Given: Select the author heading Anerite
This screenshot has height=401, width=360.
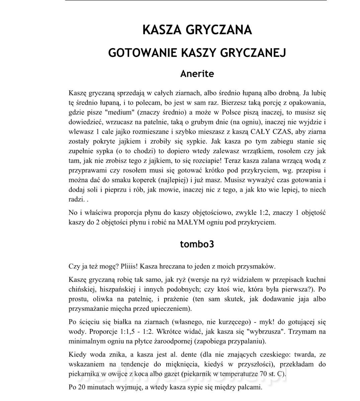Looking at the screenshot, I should [x=197, y=74].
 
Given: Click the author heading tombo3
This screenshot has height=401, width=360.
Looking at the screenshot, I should [x=197, y=244].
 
